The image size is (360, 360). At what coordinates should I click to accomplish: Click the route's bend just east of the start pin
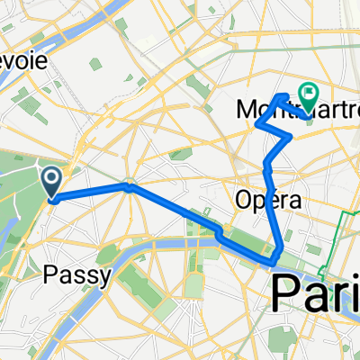pyautogui.click(x=130, y=187)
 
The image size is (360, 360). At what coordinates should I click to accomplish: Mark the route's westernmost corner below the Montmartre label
pyautogui.click(x=256, y=124)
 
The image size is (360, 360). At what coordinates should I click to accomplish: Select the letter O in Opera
pyautogui.click(x=240, y=198)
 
